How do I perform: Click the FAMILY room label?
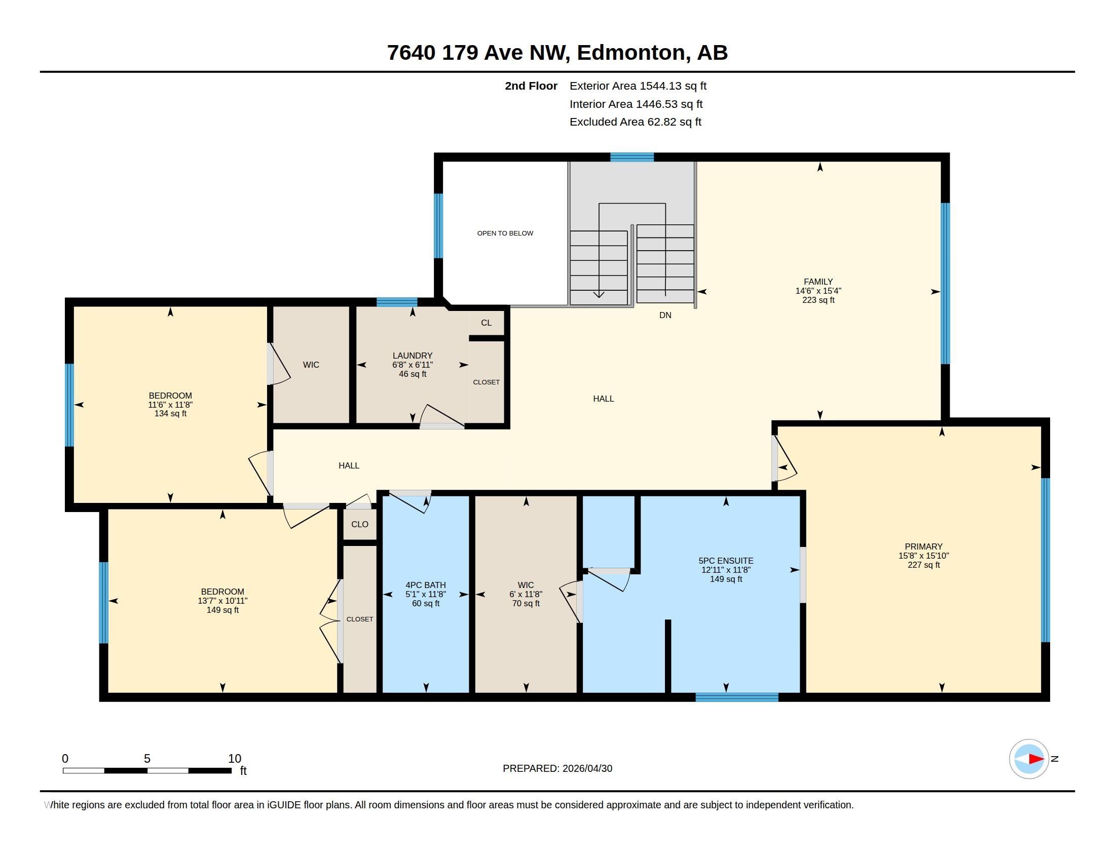pos(818,282)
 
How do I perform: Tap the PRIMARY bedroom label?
pos(923,546)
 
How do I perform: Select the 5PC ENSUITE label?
pos(726,561)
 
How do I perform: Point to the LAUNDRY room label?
pos(413,356)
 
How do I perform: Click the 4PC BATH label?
pos(426,585)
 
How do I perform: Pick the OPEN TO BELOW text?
pos(505,233)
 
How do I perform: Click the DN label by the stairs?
pos(665,315)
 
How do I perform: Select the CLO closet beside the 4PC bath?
pos(360,524)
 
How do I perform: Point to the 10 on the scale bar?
pos(234,759)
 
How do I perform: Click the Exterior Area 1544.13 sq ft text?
pos(638,86)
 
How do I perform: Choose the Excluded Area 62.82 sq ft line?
pos(636,122)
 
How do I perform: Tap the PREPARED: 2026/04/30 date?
pos(557,769)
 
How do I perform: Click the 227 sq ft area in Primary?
pos(923,565)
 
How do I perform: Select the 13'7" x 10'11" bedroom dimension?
pos(222,601)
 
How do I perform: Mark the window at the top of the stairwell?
pos(632,157)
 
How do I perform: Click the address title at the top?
pos(557,53)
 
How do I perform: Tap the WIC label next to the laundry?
pos(311,365)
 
